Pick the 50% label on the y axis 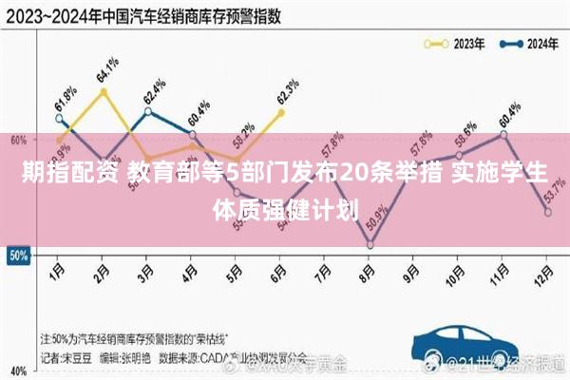(17, 256)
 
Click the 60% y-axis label (17, 139)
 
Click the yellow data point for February (103, 91)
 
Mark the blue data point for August (370, 245)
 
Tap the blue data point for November (503, 134)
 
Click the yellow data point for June (281, 112)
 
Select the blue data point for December (548, 213)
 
